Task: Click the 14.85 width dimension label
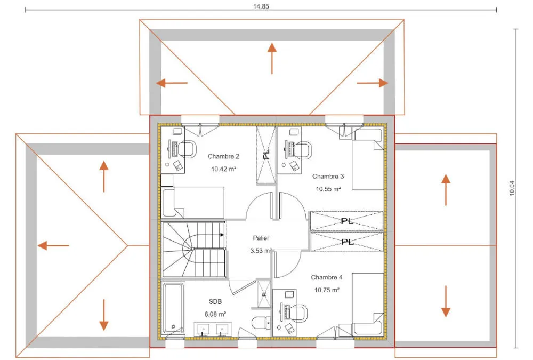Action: [x=261, y=6]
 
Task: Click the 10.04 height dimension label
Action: [x=512, y=188]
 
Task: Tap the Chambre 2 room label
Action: [x=223, y=156]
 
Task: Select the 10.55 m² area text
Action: [x=328, y=189]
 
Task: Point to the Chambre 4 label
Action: [x=326, y=277]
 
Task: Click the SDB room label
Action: [x=215, y=301]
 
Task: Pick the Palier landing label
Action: [x=261, y=238]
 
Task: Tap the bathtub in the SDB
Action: [x=173, y=308]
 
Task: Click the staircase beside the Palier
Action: [x=193, y=250]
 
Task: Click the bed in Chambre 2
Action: [x=193, y=202]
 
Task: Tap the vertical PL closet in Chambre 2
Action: [x=266, y=155]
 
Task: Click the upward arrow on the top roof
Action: [x=272, y=58]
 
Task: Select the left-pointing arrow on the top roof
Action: [x=172, y=83]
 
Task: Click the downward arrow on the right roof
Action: [x=446, y=301]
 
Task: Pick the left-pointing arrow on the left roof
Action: [x=53, y=245]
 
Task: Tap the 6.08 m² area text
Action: [x=215, y=314]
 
